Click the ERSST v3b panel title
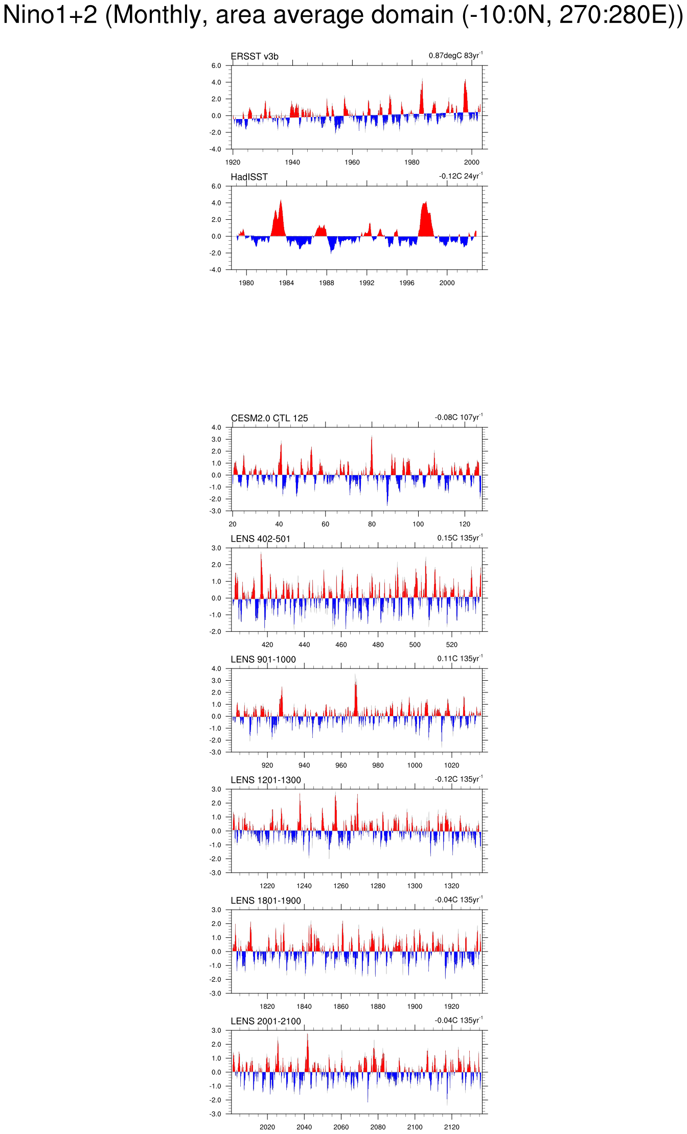coord(255,56)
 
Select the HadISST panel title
coord(249,177)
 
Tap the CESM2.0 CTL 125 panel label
coord(269,418)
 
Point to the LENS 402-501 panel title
coord(260,539)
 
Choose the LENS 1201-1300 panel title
coord(266,780)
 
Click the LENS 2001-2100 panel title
coord(266,1021)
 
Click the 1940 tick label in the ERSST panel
coord(292,163)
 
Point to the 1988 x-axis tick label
coord(327,283)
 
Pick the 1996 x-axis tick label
coord(407,283)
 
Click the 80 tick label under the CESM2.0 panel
coord(372,524)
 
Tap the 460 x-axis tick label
coord(341,645)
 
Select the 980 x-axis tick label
coord(378,766)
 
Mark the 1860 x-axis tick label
coord(341,1007)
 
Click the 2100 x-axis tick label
coord(415,1127)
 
